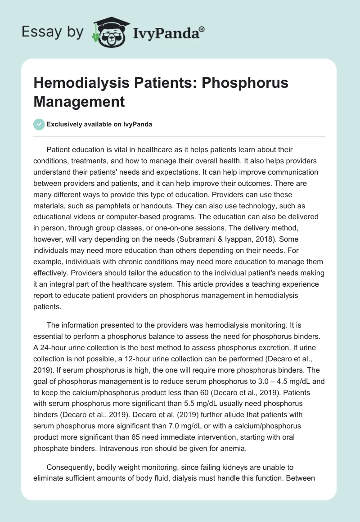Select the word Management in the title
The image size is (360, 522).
pos(79,101)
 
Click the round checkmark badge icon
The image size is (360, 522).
pos(39,124)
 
